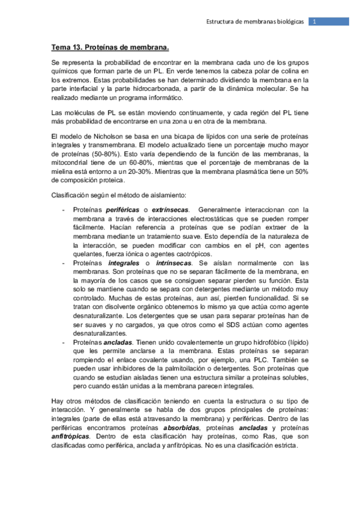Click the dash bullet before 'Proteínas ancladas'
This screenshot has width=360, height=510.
coord(64,343)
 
